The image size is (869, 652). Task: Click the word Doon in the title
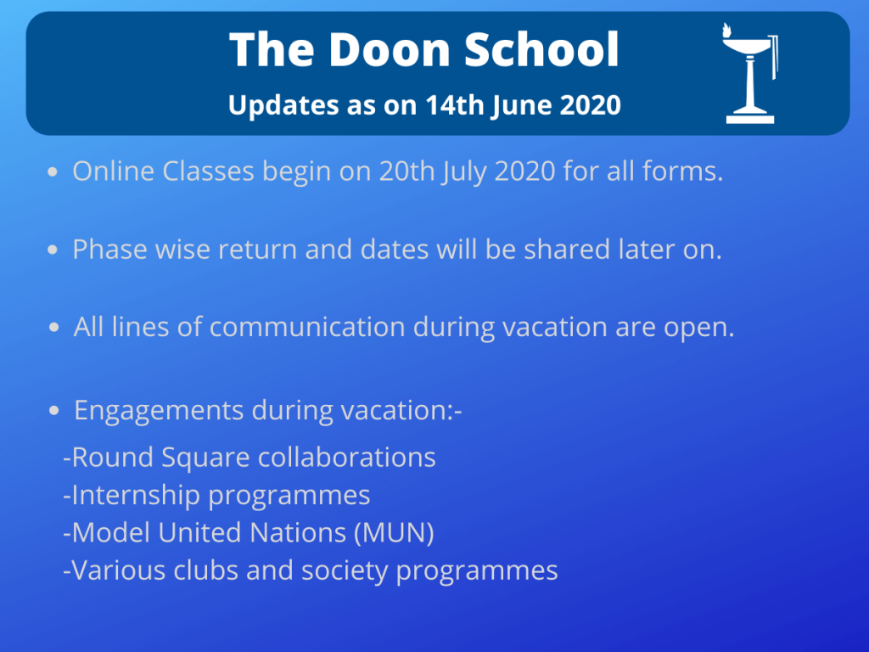[x=389, y=50]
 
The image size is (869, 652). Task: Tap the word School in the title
[x=541, y=50]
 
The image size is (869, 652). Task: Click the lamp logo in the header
[x=750, y=73]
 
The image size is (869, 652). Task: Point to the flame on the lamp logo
[x=726, y=30]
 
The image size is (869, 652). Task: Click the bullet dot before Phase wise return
[x=53, y=250]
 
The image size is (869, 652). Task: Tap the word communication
[x=307, y=327]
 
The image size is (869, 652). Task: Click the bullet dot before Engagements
[x=53, y=411]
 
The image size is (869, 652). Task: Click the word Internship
[x=136, y=496]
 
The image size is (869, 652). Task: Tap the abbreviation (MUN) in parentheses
[x=394, y=533]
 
